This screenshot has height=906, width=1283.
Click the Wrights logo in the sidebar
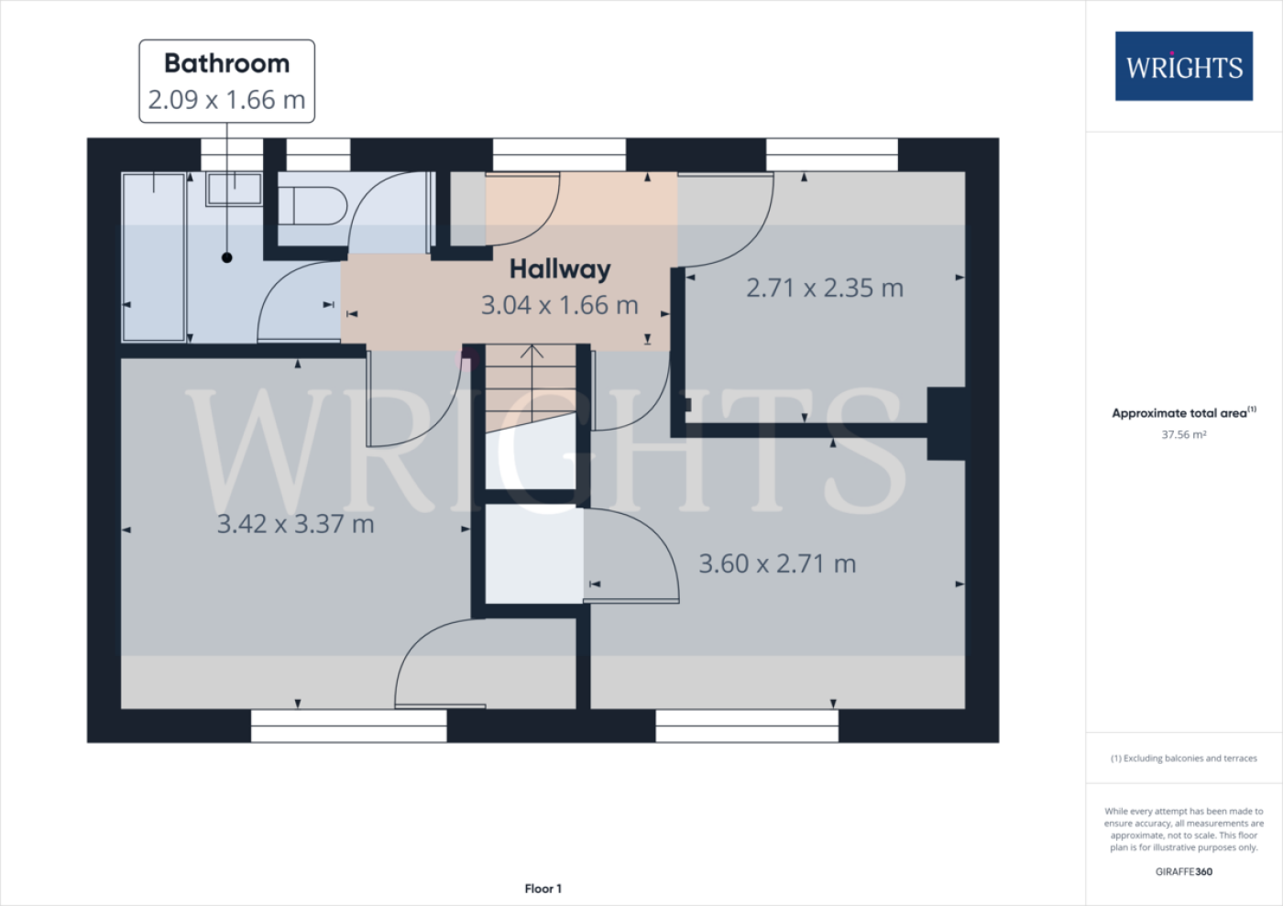coord(1184,66)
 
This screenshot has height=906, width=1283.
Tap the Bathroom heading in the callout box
coord(227,63)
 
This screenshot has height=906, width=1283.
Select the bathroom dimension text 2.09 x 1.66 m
coord(227,100)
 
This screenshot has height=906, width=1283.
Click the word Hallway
coord(560,269)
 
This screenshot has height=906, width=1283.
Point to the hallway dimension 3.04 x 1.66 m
coord(560,305)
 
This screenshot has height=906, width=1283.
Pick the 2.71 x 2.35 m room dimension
coord(825,288)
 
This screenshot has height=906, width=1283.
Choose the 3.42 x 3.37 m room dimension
coord(295,524)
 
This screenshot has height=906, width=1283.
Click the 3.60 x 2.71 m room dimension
coord(777,564)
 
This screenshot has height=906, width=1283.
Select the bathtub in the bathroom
coord(154,257)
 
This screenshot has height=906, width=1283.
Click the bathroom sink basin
coord(235,189)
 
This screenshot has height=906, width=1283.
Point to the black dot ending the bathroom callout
coord(227,257)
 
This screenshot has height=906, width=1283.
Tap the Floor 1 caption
coord(543,889)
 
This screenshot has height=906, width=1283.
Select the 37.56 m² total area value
coord(1184,434)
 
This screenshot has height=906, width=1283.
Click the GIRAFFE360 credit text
coord(1184,871)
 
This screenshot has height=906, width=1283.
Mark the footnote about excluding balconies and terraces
coord(1184,759)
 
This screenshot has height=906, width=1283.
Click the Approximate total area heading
coord(1184,413)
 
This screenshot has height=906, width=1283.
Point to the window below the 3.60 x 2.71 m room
coord(747,726)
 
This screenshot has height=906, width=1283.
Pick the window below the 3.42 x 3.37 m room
coord(349,726)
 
